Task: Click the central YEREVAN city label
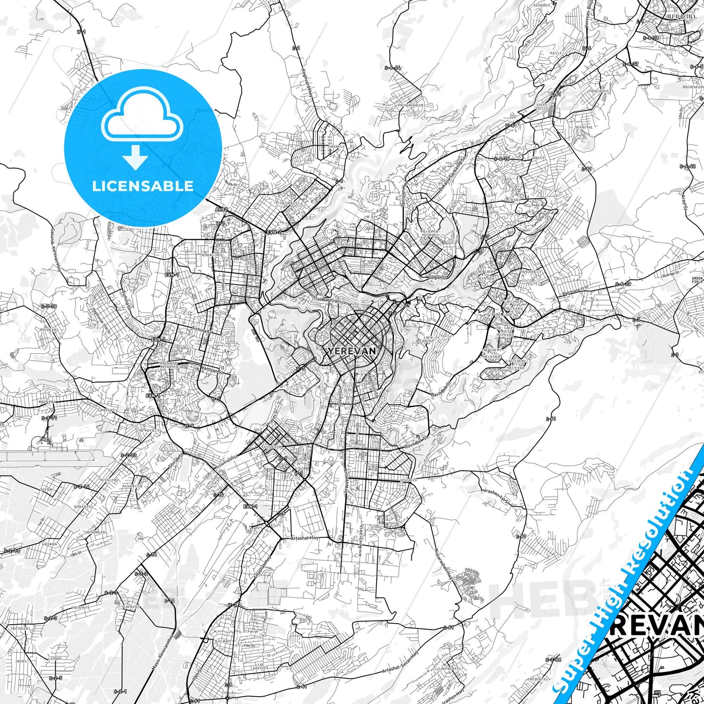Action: point(352,350)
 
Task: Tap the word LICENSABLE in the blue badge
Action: point(143,186)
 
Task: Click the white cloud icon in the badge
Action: point(142,119)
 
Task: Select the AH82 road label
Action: point(222,209)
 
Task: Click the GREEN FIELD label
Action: point(698,280)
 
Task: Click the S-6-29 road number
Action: point(623,283)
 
